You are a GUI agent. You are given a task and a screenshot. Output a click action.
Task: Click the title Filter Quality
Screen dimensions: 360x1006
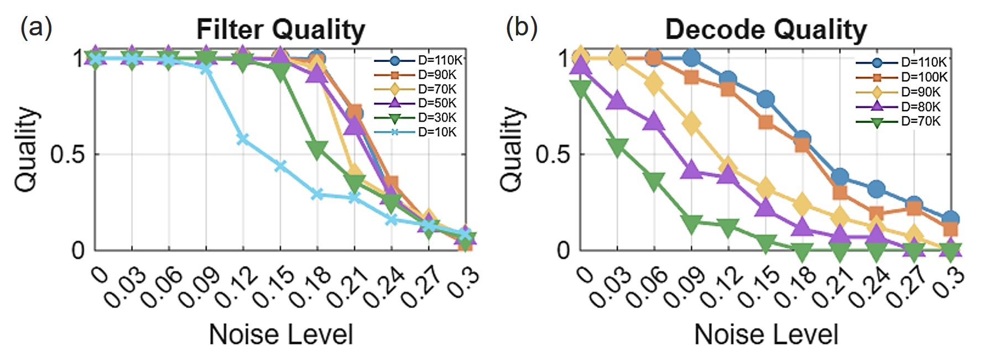tap(280, 29)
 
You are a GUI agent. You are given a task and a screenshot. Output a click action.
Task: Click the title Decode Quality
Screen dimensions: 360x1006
tap(765, 29)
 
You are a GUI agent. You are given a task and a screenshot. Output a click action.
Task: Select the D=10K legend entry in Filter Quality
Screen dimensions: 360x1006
tap(437, 132)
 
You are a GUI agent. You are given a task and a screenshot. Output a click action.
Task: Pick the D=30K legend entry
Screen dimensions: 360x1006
tap(437, 118)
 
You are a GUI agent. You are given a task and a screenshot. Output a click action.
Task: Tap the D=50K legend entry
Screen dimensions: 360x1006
tap(437, 103)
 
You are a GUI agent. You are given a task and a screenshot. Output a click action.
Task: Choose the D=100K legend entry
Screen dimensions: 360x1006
tap(924, 77)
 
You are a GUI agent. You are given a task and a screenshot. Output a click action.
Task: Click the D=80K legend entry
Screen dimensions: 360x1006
tap(920, 107)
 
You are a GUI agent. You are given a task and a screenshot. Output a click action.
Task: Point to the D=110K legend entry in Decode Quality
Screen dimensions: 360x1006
tap(924, 62)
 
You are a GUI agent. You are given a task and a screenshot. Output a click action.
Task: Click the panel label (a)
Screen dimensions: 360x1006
tap(36, 27)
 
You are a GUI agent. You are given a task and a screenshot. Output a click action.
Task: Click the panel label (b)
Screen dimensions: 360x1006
tap(522, 27)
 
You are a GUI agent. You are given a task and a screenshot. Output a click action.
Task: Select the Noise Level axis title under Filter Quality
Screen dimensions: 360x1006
tap(280, 335)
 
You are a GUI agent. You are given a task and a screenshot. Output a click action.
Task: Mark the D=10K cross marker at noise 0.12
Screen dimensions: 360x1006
tap(243, 139)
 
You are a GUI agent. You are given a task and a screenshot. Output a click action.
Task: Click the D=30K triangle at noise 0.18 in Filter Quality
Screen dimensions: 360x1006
tap(317, 149)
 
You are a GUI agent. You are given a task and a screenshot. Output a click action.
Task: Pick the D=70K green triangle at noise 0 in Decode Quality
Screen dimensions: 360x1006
tap(581, 88)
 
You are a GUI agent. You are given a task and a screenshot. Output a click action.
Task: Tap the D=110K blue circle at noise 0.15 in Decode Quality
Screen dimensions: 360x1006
tap(766, 100)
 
